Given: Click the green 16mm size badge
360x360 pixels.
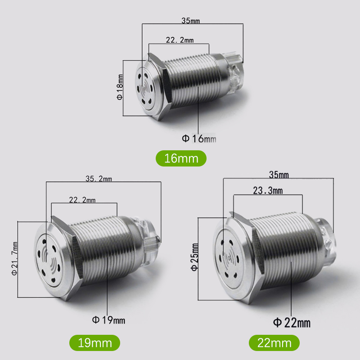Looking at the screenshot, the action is pos(181,158).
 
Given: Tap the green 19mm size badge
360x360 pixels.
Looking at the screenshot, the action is pos(94,343).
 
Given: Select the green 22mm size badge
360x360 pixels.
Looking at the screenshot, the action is pos(274,343).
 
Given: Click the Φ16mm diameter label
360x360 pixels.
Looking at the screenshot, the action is pos(199,139).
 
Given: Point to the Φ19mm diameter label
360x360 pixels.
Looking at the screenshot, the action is pos(108,320).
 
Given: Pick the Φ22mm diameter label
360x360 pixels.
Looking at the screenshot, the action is pos(292,323).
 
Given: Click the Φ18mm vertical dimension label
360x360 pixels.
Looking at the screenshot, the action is pos(120,87).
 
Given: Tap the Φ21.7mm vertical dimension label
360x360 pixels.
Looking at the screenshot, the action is pos(14,258).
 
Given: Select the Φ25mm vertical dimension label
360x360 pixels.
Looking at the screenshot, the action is pos(195,257).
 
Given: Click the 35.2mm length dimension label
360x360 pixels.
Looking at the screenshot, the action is pos(99,179).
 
